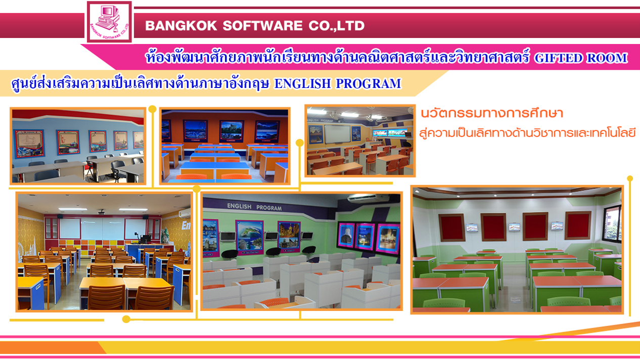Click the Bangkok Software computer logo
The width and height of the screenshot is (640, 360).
coord(109,21)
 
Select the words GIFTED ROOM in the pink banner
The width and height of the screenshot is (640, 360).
coord(581,58)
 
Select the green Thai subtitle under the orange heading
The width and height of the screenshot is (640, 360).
coord(527,133)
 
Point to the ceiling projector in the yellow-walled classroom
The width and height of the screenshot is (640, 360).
coord(102,211)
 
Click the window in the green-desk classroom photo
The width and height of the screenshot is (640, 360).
coord(612,222)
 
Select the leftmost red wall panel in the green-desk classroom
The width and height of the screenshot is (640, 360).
coord(451,228)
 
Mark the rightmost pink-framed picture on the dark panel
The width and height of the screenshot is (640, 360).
coord(387,239)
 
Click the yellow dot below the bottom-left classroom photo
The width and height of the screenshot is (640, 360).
coord(126,319)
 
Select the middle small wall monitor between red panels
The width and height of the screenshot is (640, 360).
coord(514,227)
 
